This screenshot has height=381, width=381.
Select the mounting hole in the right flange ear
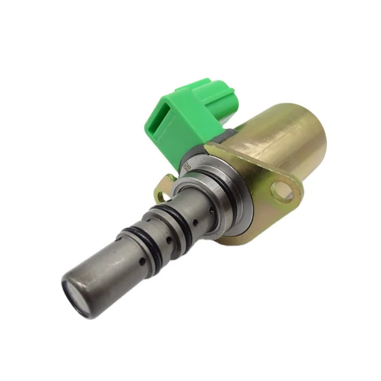tap(281, 191)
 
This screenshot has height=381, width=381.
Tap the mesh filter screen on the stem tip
tap(75, 296)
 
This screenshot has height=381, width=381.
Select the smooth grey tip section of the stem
tap(95, 276)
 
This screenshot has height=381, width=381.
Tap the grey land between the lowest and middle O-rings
tap(152, 238)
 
